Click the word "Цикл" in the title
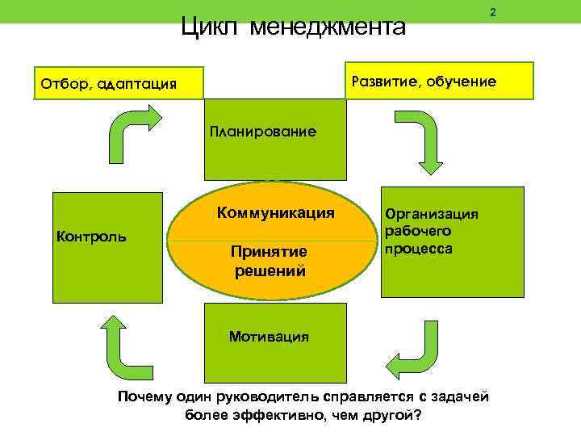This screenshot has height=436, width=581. (x=211, y=27)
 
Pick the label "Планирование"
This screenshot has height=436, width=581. (x=263, y=132)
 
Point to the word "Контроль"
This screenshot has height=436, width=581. (x=90, y=236)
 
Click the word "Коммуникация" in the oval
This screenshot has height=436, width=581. (x=275, y=214)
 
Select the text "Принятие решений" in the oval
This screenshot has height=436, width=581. (x=270, y=261)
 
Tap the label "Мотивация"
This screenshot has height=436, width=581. (x=269, y=336)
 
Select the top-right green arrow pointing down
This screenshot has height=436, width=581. (x=424, y=140)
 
